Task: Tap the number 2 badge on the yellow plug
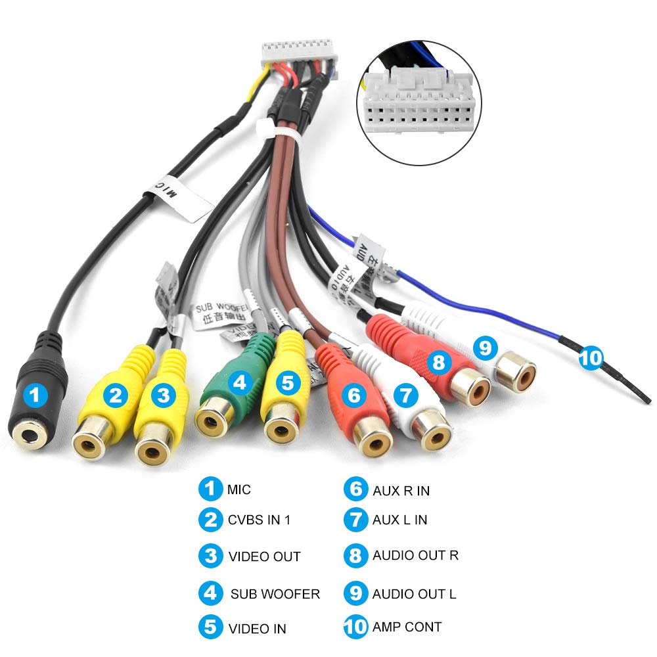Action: pos(117,395)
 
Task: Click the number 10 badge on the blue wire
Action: pos(590,358)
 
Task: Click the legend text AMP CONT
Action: pos(407,627)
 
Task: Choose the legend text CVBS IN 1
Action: pos(259,520)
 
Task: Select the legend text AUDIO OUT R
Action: pos(415,555)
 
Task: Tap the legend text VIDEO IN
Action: pos(257,628)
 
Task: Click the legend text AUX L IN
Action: pos(399,520)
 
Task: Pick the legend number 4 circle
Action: pos(210,593)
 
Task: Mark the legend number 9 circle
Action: pos(355,593)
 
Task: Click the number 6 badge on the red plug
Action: pos(354,395)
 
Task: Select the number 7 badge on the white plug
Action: pos(405,395)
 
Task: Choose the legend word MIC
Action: pos(239,489)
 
